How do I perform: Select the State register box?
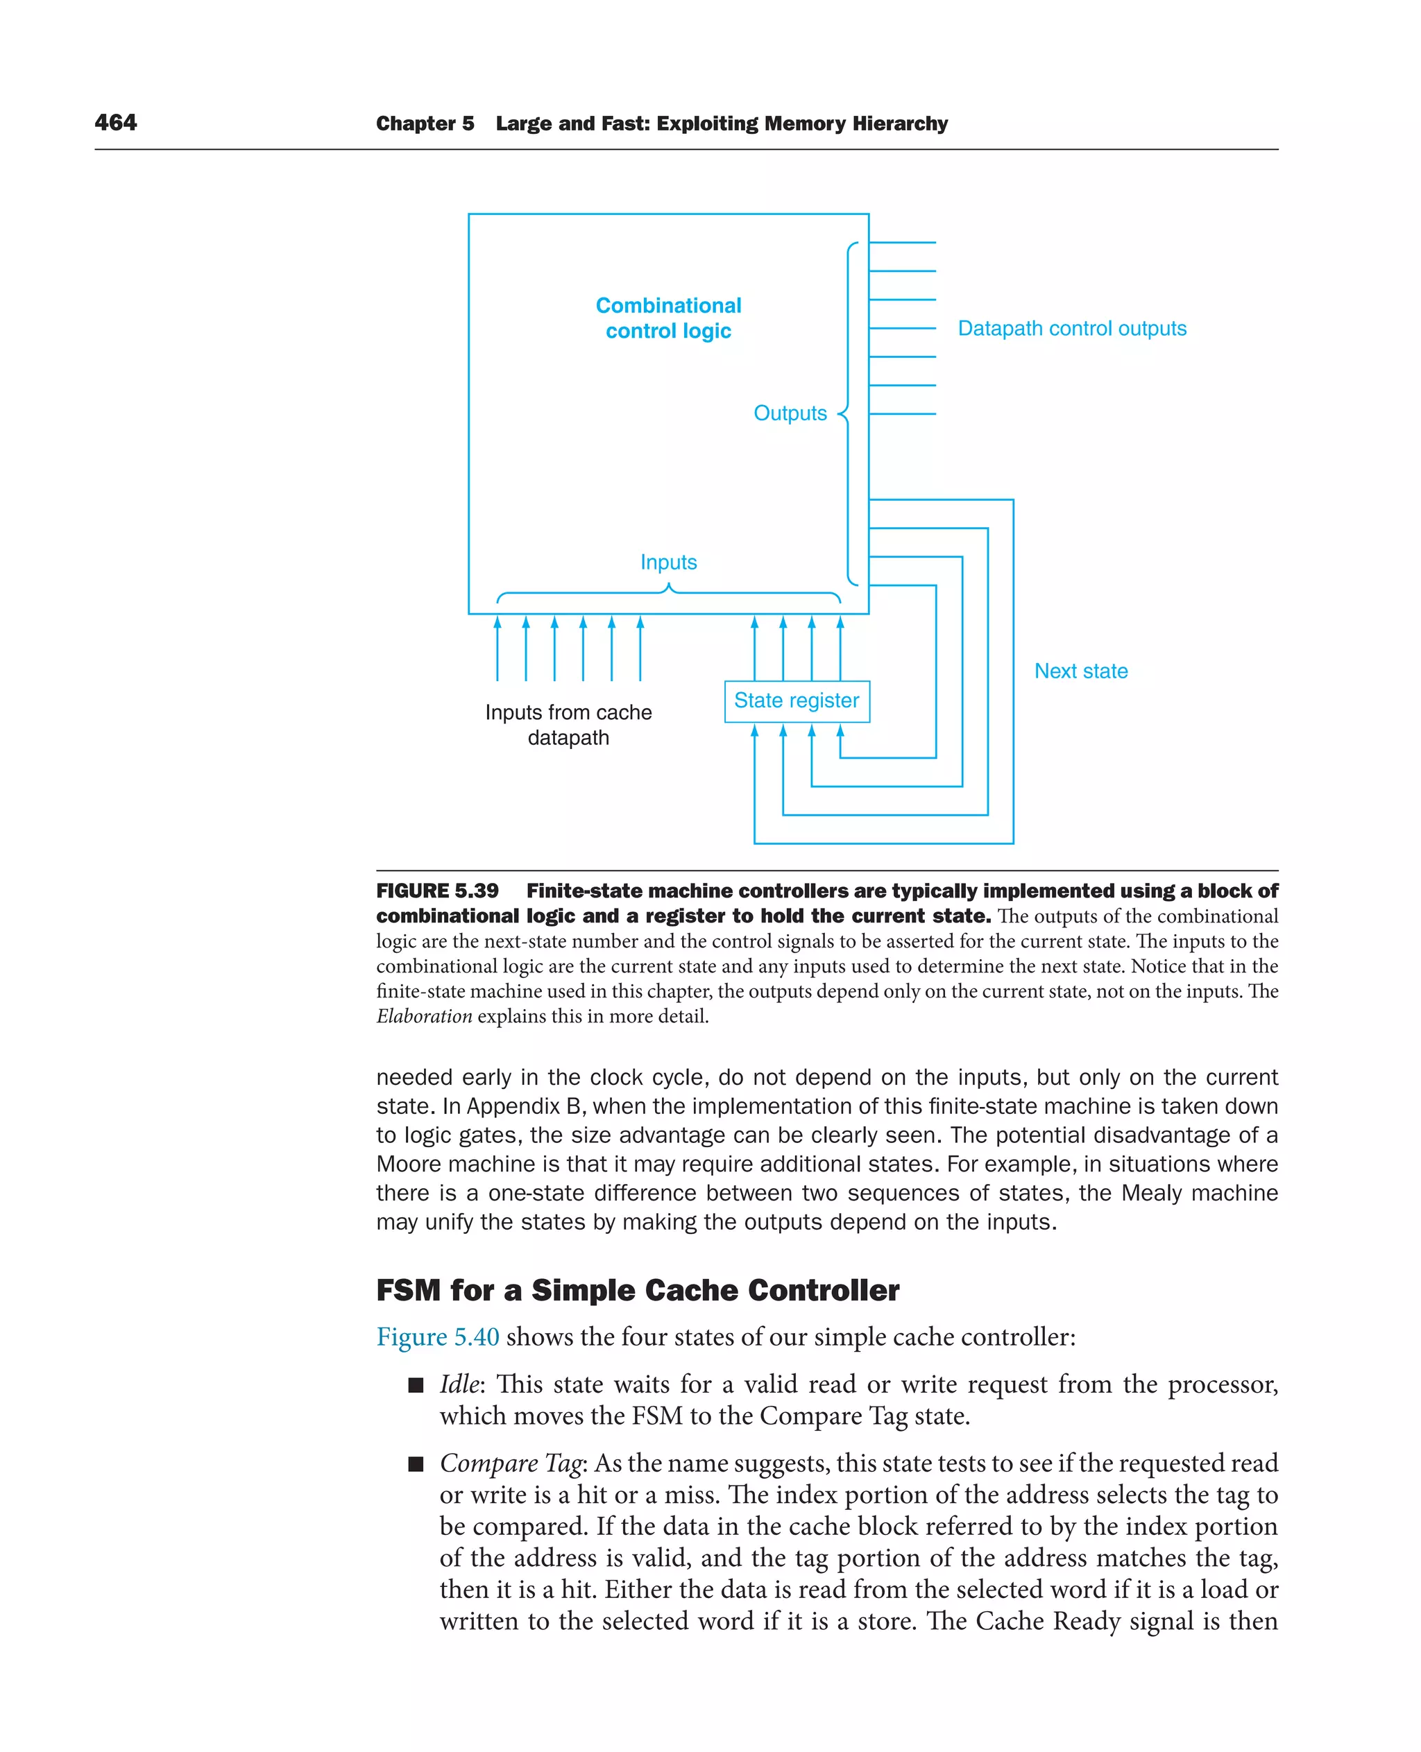797,701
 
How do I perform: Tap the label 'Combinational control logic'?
668,318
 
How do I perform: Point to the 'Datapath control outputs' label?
1071,328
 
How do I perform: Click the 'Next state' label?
1080,671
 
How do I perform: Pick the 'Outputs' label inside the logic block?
790,413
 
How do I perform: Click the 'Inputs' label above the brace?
668,562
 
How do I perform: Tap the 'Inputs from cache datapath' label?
568,724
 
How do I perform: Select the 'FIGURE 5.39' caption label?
437,891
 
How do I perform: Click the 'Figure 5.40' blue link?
437,1337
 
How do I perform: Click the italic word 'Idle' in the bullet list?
459,1384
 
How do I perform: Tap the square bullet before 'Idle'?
416,1384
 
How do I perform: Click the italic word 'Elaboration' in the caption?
424,1016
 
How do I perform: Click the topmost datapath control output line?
902,242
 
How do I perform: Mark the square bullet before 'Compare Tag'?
416,1464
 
